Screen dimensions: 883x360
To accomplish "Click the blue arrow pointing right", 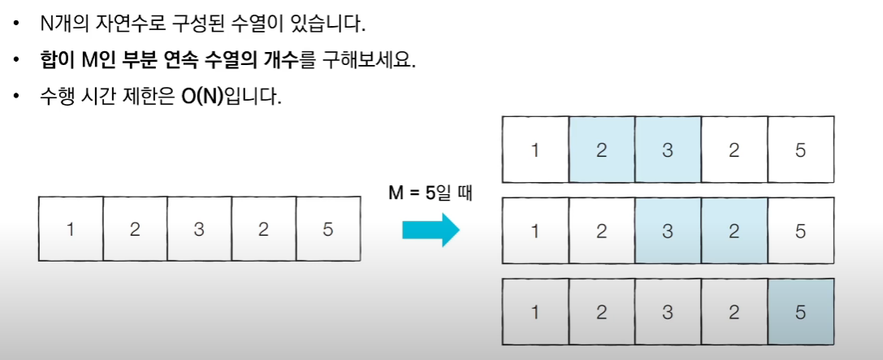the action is (431, 231).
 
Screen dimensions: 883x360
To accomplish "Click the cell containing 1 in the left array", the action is (71, 228).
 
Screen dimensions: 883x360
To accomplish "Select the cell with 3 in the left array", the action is (199, 228).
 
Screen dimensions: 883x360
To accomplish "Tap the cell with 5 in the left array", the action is (327, 228).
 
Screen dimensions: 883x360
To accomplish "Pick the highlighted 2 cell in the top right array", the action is (601, 150).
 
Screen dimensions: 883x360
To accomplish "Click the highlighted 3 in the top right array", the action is (668, 150).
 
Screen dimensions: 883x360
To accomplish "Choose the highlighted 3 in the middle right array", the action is (668, 232).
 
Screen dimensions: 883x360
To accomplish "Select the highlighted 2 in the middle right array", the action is (734, 232).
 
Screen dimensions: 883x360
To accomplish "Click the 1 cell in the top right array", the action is (535, 150).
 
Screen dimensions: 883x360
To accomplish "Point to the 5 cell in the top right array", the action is (801, 150).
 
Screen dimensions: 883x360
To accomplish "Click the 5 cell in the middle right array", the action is (801, 232).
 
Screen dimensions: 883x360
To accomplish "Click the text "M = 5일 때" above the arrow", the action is (430, 194).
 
